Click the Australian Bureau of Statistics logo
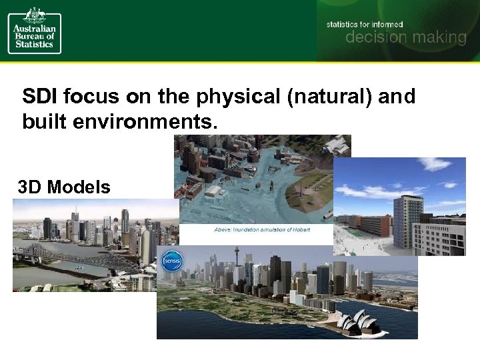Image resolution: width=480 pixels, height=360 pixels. click(x=35, y=31)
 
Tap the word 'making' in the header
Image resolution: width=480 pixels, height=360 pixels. click(x=437, y=38)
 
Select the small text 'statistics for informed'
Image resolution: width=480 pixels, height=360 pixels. click(x=365, y=24)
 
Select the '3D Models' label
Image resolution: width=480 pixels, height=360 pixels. click(x=65, y=188)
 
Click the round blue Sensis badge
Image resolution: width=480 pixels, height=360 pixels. click(x=172, y=260)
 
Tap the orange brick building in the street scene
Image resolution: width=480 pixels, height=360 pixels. click(x=377, y=226)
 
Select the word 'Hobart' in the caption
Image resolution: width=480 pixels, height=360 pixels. click(x=301, y=230)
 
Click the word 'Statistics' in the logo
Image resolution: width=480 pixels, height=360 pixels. click(x=35, y=43)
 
